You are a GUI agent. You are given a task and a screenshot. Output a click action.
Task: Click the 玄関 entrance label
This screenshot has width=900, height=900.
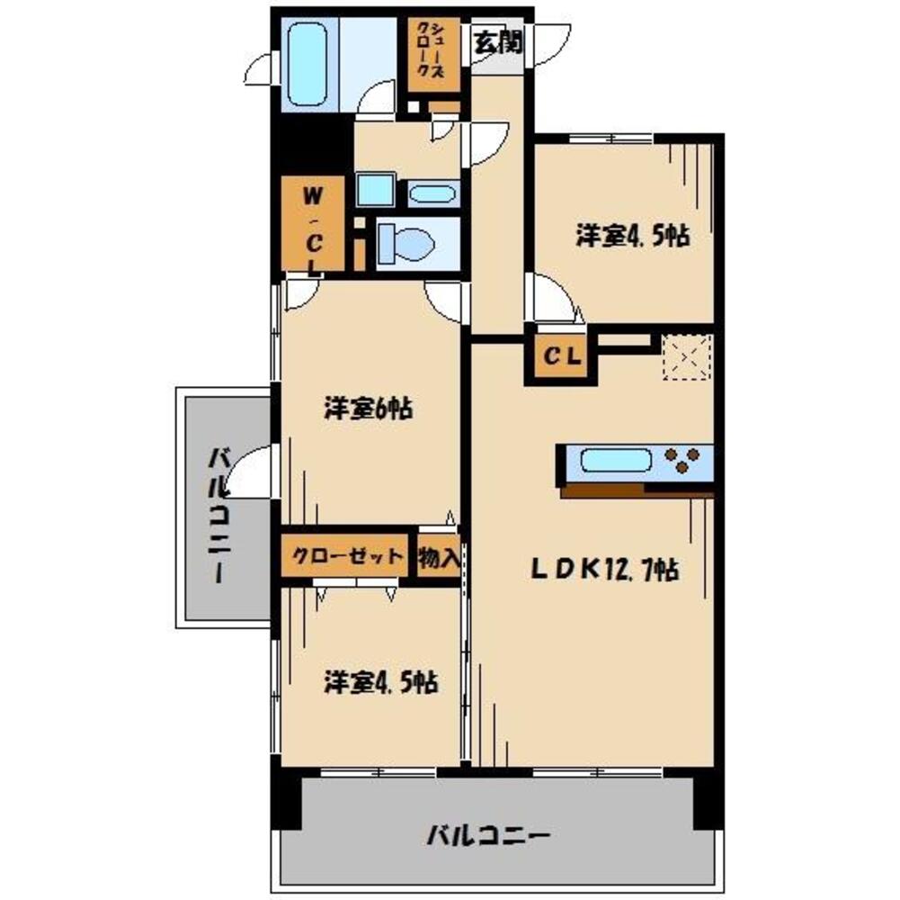497,42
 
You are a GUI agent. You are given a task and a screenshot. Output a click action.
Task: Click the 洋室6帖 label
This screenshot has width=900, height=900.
368,409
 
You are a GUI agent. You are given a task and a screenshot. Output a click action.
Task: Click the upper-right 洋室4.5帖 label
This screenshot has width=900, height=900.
632,237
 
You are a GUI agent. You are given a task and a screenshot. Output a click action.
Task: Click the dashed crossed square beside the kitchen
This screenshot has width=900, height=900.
687,355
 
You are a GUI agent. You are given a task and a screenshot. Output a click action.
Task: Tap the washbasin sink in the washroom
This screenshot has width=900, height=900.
432,193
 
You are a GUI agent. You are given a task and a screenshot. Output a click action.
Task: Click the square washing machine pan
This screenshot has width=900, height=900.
372,191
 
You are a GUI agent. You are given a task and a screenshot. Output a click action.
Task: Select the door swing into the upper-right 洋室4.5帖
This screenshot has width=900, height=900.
550,301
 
